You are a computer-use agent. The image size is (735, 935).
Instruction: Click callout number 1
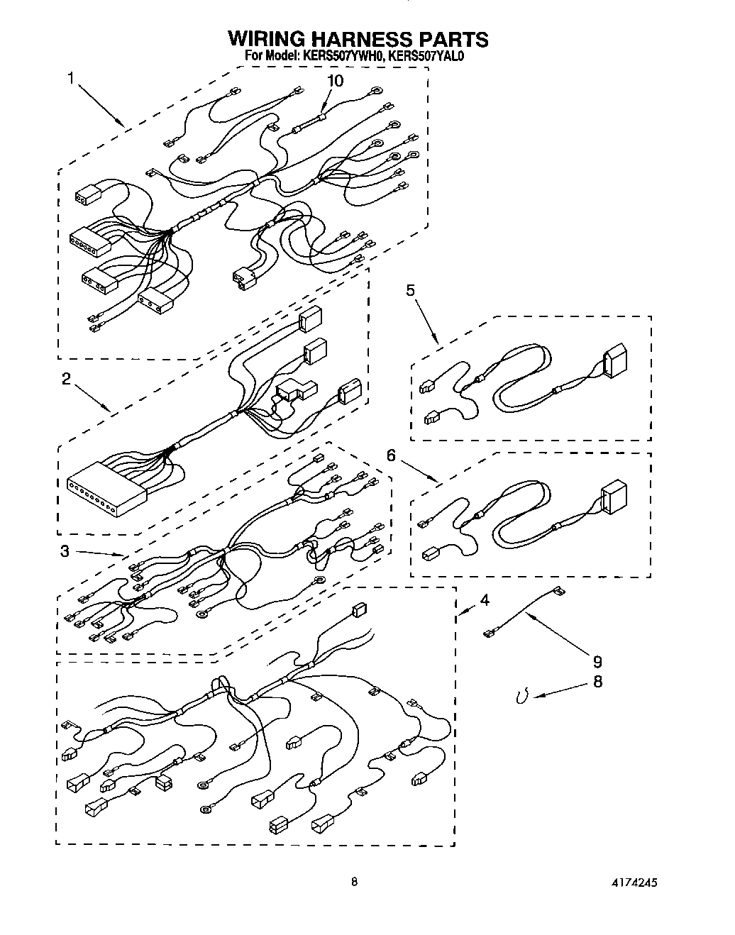(71, 78)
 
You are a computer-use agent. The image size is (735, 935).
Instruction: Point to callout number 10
(334, 81)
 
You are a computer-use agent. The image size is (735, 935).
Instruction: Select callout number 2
(65, 380)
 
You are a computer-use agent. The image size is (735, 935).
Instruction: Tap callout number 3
(65, 551)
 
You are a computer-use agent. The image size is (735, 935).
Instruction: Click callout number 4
(484, 600)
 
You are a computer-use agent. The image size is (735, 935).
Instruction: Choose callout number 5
(409, 289)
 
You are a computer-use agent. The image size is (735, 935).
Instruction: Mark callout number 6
(390, 455)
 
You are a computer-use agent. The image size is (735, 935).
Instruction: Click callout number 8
(597, 682)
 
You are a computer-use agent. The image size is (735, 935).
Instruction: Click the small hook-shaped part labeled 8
(523, 697)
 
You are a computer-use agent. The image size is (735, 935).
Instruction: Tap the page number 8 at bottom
(354, 883)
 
